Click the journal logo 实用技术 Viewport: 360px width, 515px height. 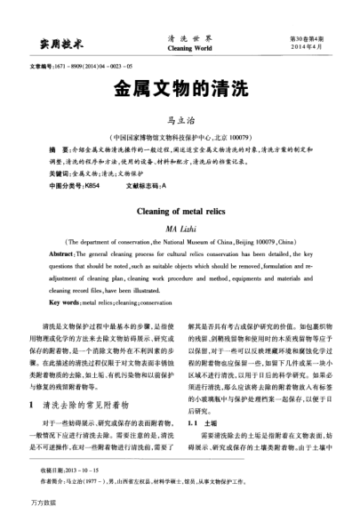[x=54, y=44]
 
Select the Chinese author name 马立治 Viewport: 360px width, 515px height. [x=180, y=119]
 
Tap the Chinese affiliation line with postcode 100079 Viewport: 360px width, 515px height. [x=180, y=138]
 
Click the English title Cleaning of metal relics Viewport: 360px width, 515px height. [x=180, y=213]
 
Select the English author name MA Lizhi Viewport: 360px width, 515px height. [x=180, y=229]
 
